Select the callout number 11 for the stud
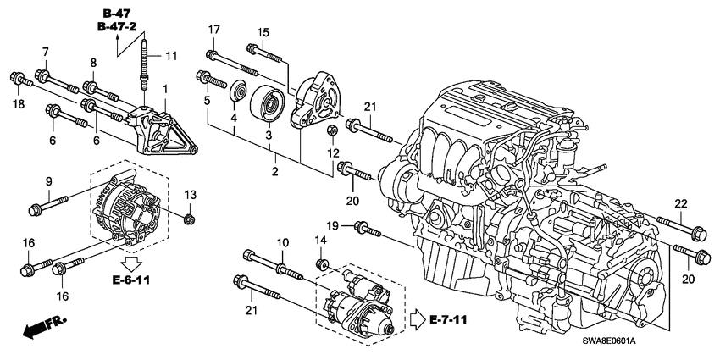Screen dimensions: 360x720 (x=171, y=56)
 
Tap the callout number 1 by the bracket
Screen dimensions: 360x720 (x=165, y=89)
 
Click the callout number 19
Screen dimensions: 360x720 (x=334, y=224)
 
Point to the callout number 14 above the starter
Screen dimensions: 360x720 (x=320, y=241)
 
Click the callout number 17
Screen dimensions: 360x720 (x=213, y=30)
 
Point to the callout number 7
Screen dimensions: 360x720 (x=45, y=53)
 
